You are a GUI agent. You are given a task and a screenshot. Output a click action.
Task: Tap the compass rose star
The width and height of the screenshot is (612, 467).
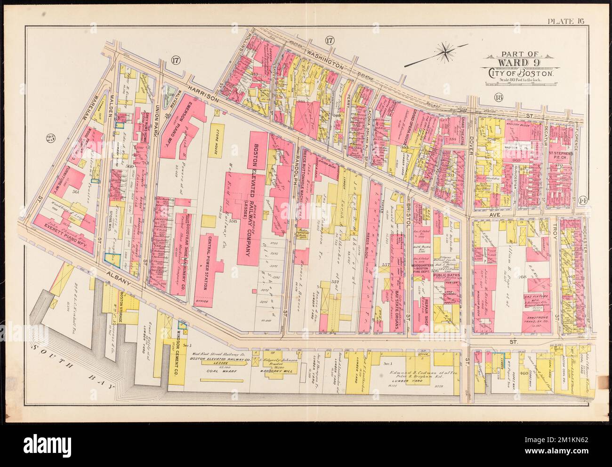[x=446, y=51]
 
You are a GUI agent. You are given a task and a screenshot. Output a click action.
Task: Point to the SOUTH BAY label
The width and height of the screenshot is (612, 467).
[x=73, y=366]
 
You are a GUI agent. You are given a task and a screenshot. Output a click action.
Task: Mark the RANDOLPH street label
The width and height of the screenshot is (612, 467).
[x=297, y=171]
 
